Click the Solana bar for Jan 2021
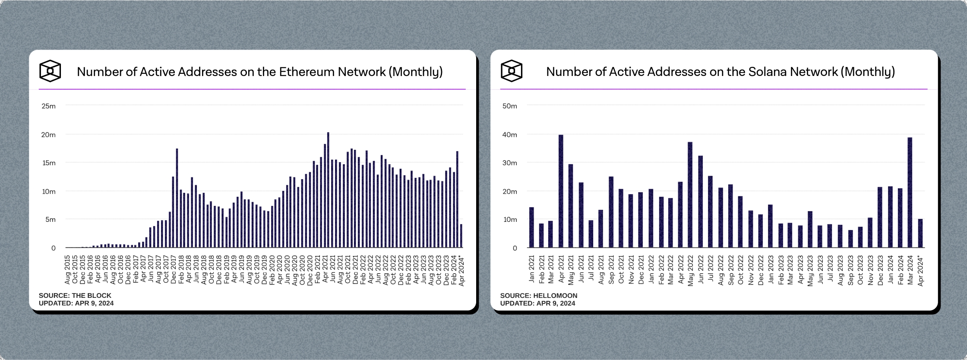(531, 227)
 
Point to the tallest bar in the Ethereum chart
(328, 190)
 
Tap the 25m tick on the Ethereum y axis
(48, 106)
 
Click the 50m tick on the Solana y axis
(509, 106)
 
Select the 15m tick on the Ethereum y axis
(48, 163)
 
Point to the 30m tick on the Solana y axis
(509, 163)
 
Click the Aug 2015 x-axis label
(67, 270)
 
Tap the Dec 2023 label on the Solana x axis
(881, 270)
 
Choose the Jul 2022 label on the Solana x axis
(711, 270)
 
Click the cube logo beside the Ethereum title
(50, 71)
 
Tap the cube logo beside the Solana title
(512, 71)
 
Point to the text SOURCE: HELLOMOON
(538, 296)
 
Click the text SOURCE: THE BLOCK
(75, 296)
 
